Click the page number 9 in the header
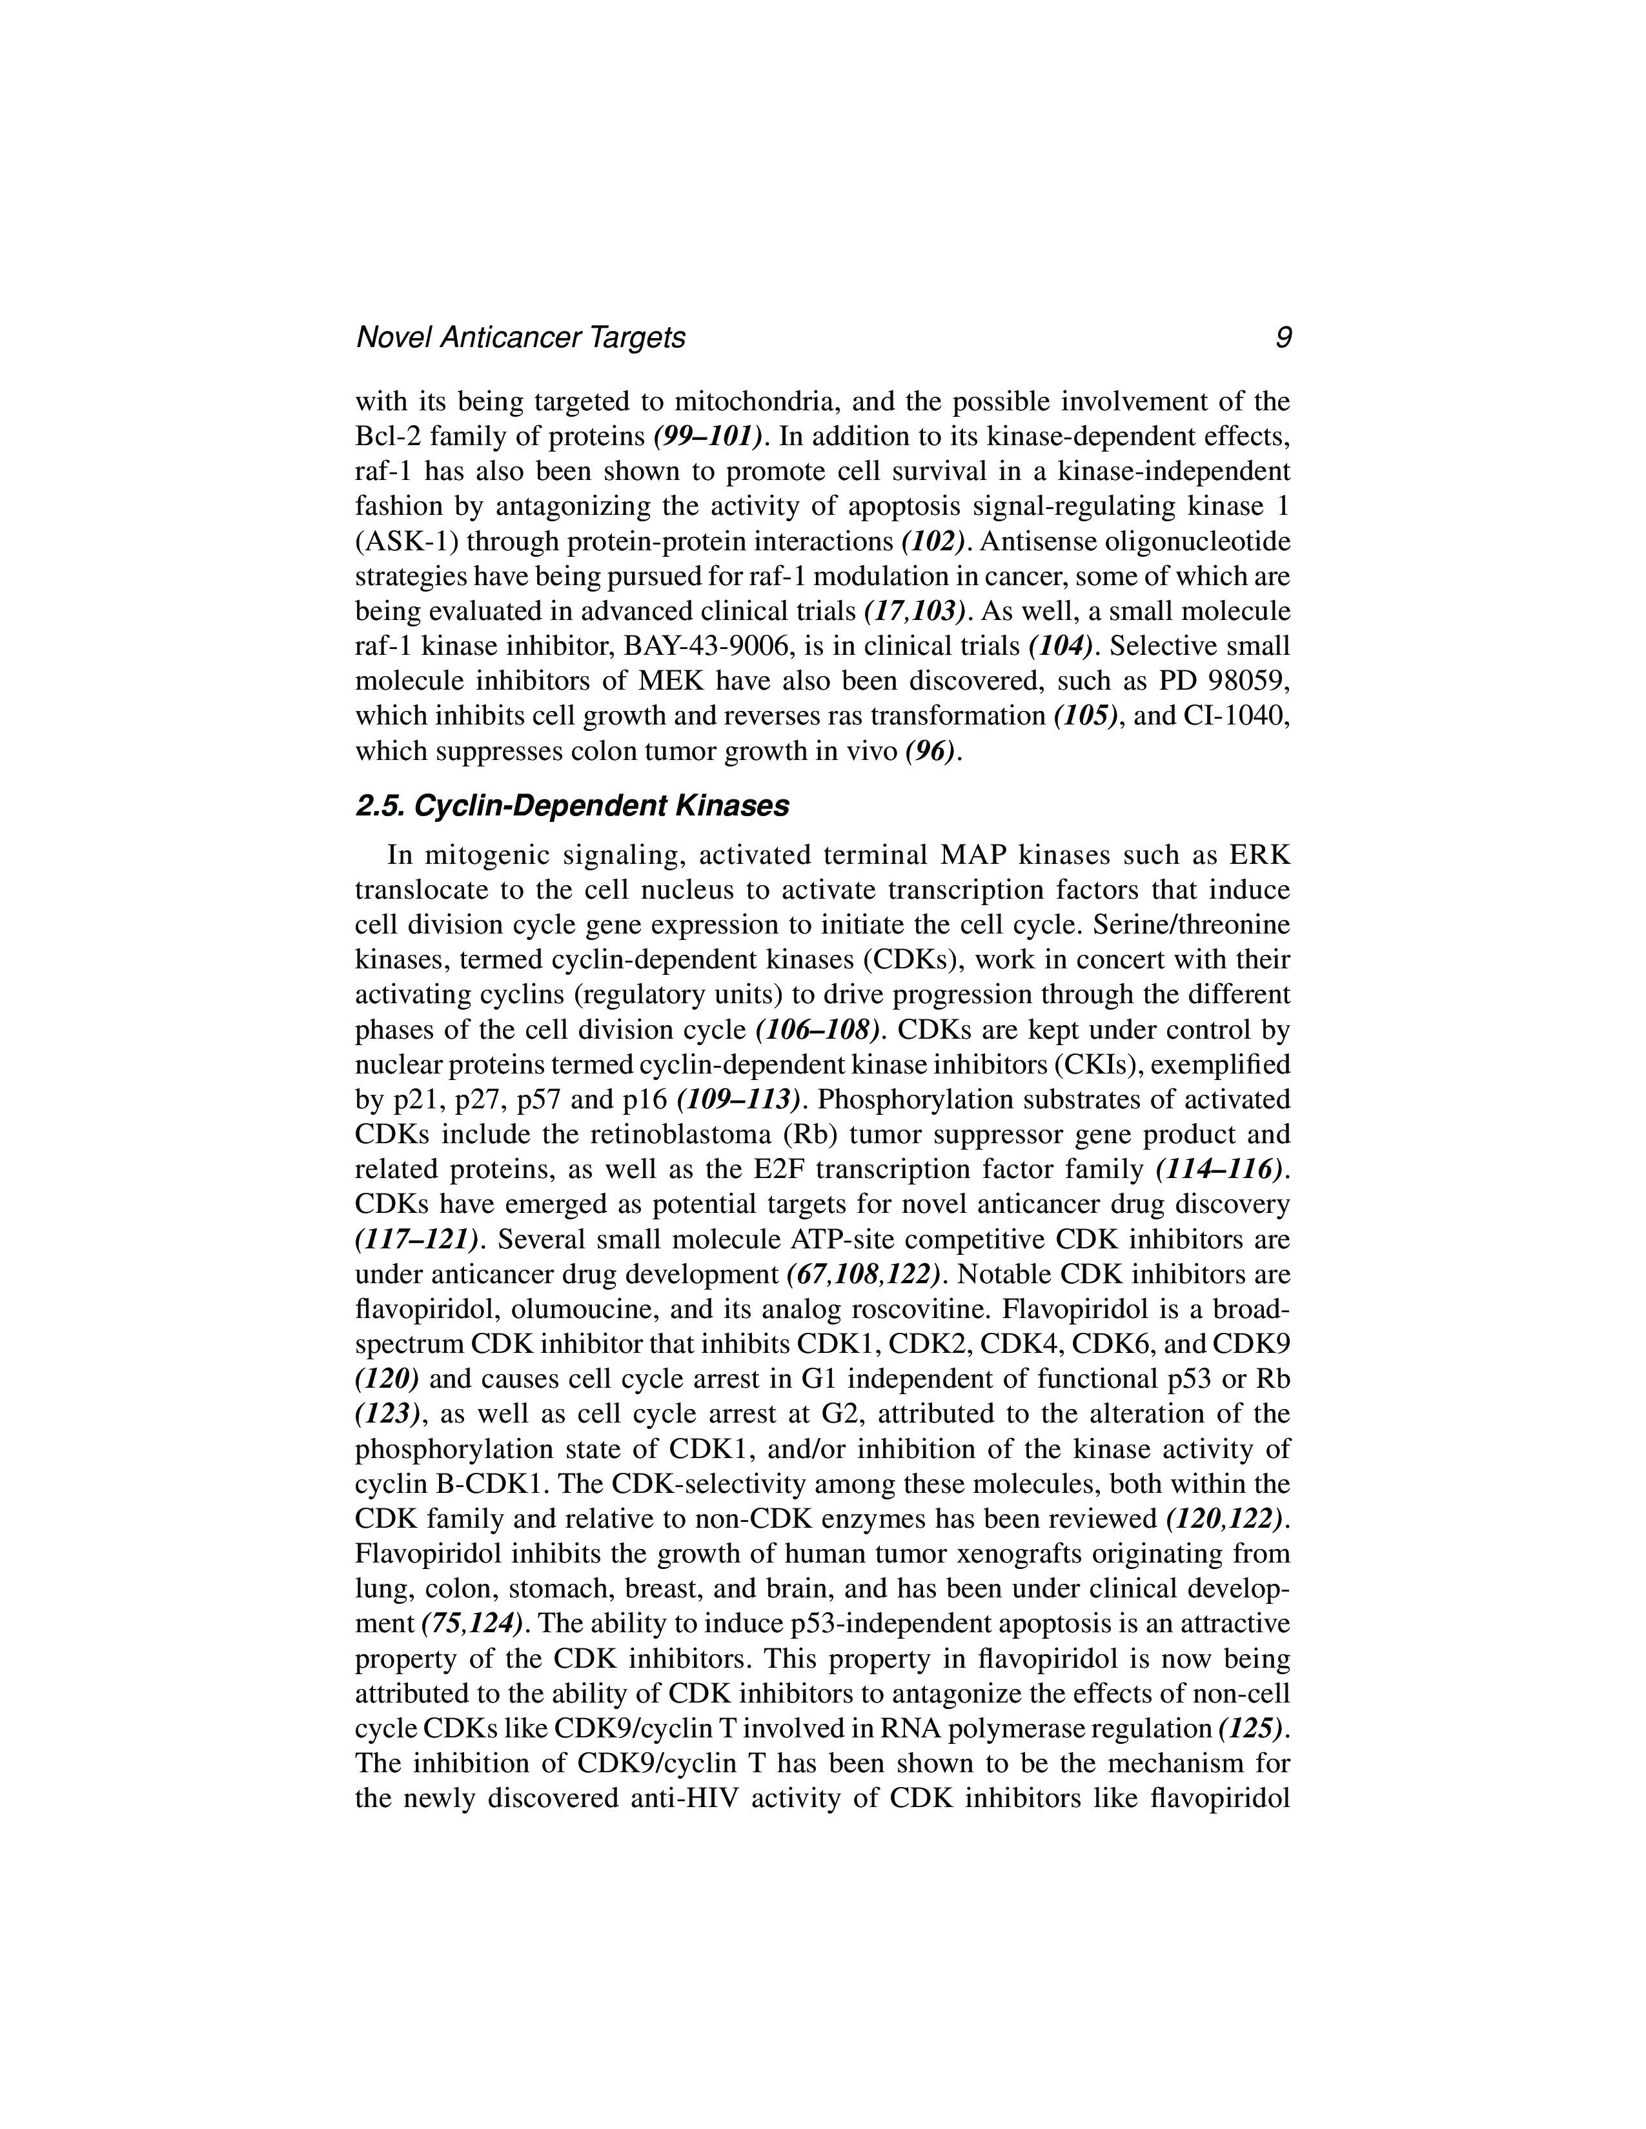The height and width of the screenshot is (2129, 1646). click(1283, 337)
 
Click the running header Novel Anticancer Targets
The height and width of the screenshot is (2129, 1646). click(521, 337)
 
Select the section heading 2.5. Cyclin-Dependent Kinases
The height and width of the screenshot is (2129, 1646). click(573, 806)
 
